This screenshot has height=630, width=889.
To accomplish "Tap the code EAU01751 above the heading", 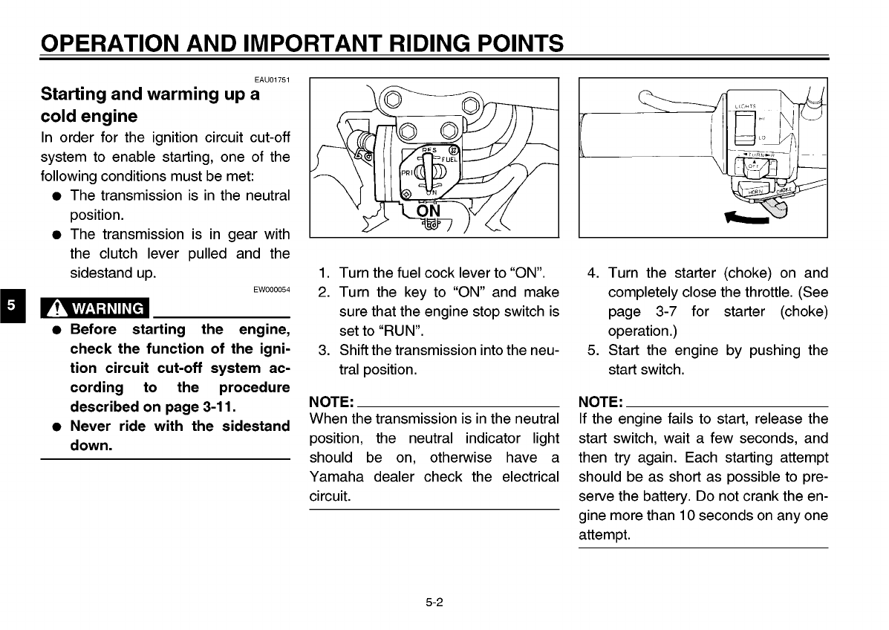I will (271, 80).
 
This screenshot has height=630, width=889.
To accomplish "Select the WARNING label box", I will (94, 308).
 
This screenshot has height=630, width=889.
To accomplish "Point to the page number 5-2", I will (434, 603).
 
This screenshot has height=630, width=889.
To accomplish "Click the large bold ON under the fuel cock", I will (429, 211).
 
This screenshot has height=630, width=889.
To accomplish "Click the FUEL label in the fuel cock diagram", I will (452, 160).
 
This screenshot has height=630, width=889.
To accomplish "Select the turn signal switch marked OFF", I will (752, 167).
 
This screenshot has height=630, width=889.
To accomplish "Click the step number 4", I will (592, 273).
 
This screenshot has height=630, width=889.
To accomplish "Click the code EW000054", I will (272, 289).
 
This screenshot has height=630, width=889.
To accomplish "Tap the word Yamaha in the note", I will (335, 476).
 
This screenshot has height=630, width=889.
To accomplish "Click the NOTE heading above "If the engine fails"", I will (601, 402).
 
